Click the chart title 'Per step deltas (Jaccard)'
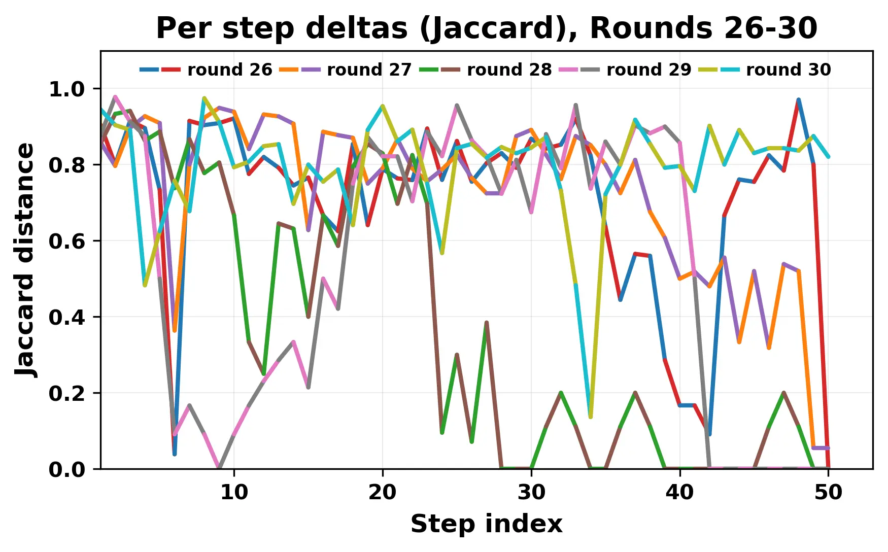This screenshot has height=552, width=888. point(486,28)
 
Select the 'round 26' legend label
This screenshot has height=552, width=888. point(230,70)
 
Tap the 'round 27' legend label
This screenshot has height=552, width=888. point(369,70)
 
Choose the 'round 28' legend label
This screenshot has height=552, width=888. point(509,70)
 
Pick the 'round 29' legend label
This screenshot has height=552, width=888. point(649,70)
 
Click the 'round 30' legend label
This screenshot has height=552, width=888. point(789,70)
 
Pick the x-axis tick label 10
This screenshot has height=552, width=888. point(234,492)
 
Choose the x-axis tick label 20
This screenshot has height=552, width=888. point(383,492)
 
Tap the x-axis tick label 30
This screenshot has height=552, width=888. point(531,492)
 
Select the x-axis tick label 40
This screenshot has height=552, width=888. point(680,492)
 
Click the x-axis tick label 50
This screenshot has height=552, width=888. point(828,492)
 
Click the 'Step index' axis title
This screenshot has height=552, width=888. point(486,524)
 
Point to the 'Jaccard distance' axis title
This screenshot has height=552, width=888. point(25,260)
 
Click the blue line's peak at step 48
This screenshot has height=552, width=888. point(798,100)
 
